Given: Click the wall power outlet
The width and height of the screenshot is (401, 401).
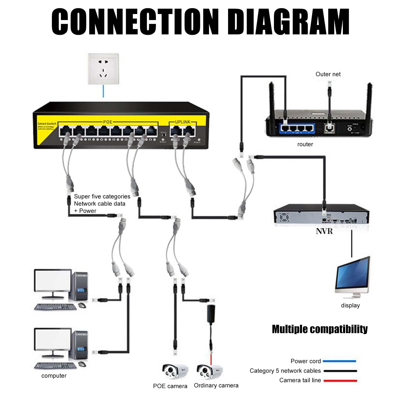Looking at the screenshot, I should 103,69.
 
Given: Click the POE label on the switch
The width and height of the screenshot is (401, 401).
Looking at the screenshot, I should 108,122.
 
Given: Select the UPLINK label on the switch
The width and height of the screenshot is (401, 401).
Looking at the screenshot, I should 182,122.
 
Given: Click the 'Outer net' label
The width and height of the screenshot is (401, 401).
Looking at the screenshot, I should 328,74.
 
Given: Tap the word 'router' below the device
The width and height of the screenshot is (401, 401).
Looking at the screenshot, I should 305,144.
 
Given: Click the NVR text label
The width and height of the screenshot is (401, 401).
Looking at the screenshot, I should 324,231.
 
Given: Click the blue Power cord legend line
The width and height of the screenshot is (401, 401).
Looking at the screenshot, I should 340,361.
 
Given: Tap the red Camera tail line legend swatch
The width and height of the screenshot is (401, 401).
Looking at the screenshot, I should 340,380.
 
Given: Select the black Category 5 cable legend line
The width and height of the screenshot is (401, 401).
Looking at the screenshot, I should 340,371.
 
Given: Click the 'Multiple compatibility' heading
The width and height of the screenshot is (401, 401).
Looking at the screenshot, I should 320,329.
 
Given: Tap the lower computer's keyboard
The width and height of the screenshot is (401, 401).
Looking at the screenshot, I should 55,366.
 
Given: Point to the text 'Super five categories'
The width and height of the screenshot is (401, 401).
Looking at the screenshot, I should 102,196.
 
